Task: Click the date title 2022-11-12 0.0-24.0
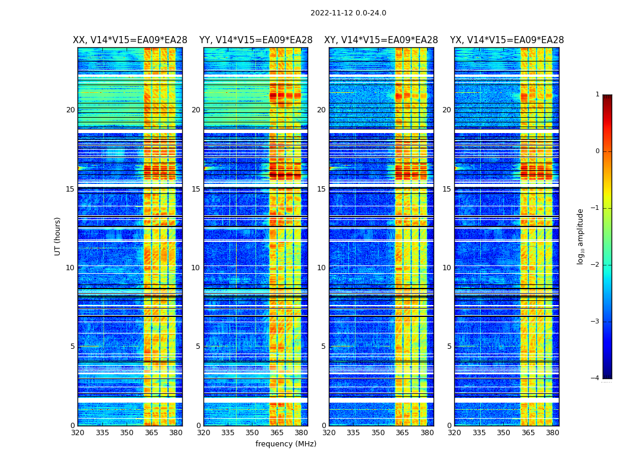pos(348,13)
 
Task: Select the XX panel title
pos(130,40)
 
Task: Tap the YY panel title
pos(255,40)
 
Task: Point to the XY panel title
pos(381,40)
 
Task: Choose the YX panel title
pos(507,40)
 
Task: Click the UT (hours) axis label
pos(58,236)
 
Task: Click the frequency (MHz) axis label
pos(286,444)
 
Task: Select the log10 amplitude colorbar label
pos(581,236)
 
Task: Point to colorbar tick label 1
pos(597,95)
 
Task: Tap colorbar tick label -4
pos(596,378)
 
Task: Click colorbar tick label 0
pos(597,151)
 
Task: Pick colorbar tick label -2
pos(596,265)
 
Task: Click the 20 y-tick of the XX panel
pos(70,110)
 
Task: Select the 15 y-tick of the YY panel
pos(196,189)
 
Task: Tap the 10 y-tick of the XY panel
pos(321,268)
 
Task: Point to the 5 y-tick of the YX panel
pos(449,346)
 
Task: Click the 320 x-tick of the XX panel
pos(77,433)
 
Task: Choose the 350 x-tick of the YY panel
pos(253,433)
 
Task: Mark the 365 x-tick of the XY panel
pos(402,433)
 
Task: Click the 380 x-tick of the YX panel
pos(552,433)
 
